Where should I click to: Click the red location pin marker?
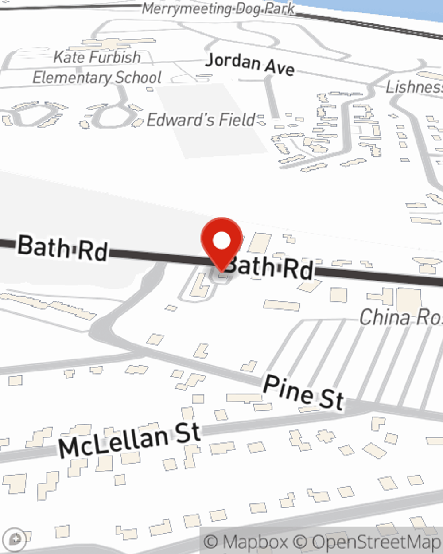coord(221,242)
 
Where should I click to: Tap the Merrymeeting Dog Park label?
coord(218,9)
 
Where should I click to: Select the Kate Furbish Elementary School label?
coord(97,67)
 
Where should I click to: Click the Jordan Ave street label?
coord(250,64)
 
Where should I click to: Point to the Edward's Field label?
coord(201,120)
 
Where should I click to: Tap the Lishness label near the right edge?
coord(414,87)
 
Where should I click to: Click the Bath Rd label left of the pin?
coord(62,249)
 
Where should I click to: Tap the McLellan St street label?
coord(130,440)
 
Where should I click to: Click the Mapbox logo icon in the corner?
coord(16,539)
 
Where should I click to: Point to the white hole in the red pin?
coord(221,241)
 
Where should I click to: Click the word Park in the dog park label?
coord(280,9)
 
